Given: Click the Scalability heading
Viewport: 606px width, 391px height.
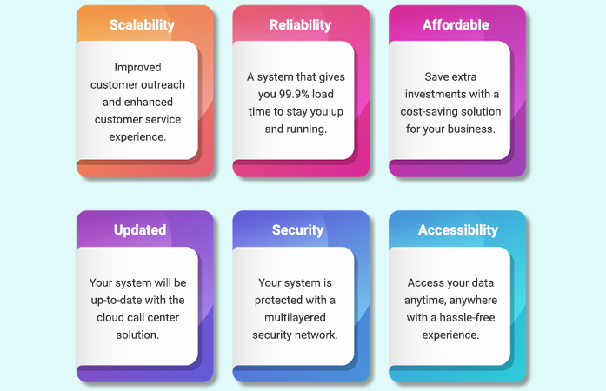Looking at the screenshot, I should (x=141, y=25).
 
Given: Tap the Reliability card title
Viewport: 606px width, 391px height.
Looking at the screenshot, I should (x=300, y=25).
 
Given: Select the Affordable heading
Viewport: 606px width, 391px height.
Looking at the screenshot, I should (x=456, y=25).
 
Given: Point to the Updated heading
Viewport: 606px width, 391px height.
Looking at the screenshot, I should (x=140, y=230).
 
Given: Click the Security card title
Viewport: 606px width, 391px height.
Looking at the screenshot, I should (x=297, y=230).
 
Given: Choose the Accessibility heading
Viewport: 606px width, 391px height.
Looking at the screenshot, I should (x=458, y=230).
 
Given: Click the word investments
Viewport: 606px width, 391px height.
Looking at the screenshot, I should (x=439, y=94).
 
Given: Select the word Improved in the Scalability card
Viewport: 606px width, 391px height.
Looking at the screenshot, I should (x=138, y=67).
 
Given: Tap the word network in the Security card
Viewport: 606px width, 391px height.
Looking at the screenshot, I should (x=315, y=335).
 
